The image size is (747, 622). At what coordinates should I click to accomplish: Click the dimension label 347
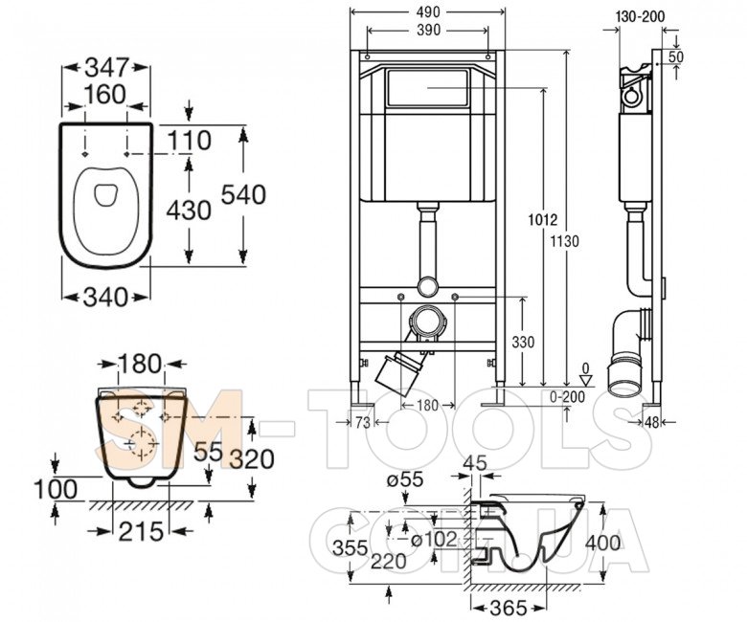pyautogui.click(x=106, y=68)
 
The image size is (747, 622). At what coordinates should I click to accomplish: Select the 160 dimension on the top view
pyautogui.click(x=106, y=96)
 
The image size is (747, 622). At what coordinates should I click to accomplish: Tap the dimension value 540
pyautogui.click(x=242, y=194)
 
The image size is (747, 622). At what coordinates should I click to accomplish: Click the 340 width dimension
pyautogui.click(x=106, y=297)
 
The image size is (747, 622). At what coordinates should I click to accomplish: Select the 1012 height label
pyautogui.click(x=542, y=221)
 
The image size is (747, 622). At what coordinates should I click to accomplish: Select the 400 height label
pyautogui.click(x=602, y=543)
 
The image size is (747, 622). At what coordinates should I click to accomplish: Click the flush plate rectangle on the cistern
pyautogui.click(x=426, y=89)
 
